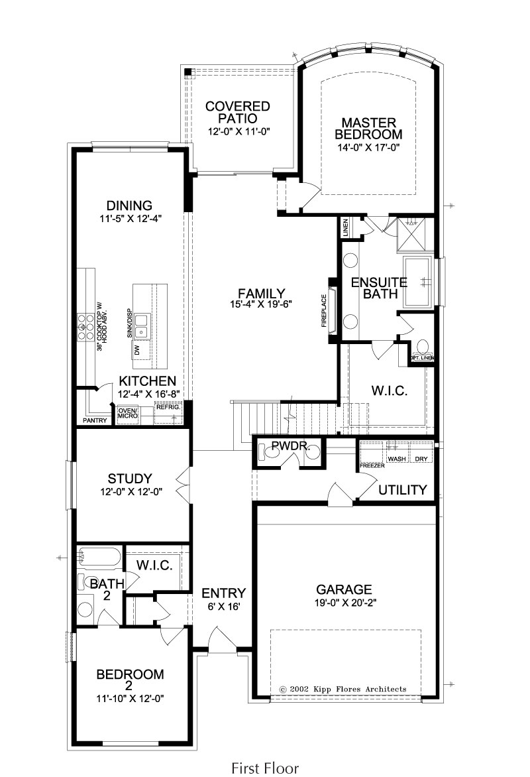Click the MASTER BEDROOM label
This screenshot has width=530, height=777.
(x=368, y=129)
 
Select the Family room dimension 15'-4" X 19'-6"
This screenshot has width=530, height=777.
(x=261, y=305)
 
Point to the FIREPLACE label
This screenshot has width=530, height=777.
(x=325, y=311)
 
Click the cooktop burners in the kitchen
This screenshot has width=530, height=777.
(x=85, y=327)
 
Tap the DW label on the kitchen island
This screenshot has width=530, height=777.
(x=137, y=350)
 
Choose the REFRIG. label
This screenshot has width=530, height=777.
(x=168, y=407)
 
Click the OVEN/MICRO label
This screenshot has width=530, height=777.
(x=128, y=413)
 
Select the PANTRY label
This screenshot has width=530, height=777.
(x=95, y=421)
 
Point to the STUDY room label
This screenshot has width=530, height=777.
(x=130, y=479)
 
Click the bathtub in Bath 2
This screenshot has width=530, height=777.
(x=99, y=558)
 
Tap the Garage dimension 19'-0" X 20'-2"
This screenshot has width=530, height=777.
(x=344, y=603)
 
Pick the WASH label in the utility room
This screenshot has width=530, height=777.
(x=397, y=459)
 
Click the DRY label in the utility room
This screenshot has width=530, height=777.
(x=421, y=459)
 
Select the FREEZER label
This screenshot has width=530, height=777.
(x=372, y=466)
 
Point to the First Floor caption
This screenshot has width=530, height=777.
(x=265, y=768)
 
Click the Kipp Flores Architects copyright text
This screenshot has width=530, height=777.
(x=343, y=689)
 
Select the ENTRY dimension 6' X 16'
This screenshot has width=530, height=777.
(x=224, y=607)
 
